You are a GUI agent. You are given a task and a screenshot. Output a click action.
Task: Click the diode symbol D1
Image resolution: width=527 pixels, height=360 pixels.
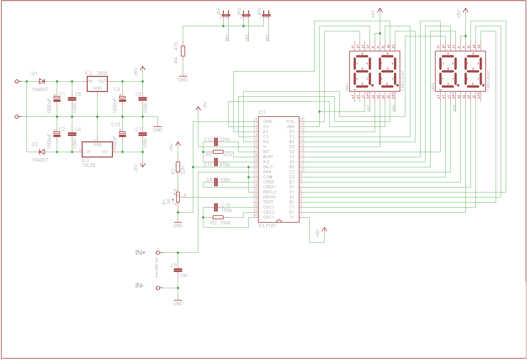[42, 81]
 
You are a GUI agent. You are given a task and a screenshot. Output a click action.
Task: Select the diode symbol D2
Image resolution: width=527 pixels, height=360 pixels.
[42, 152]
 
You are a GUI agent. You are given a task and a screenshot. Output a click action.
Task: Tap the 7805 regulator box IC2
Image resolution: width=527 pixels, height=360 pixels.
[97, 84]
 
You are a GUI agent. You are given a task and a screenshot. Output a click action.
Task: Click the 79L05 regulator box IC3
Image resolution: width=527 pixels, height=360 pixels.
[97, 148]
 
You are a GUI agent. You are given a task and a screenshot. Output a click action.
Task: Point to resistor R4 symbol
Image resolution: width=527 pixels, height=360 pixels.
[183, 51]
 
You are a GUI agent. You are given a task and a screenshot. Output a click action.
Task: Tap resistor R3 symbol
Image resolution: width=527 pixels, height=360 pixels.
[218, 152]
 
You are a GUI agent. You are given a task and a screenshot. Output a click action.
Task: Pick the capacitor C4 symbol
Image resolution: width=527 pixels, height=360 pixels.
[216, 182]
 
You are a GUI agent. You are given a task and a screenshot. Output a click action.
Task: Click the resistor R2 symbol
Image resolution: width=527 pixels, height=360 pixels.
[218, 217]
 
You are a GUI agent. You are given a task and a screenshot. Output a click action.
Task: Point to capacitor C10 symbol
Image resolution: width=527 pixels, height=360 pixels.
[216, 207]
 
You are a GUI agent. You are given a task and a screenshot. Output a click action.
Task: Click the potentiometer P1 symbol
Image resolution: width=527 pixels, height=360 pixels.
[178, 197]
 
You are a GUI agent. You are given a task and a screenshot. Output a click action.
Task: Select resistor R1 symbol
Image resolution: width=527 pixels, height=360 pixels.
[178, 167]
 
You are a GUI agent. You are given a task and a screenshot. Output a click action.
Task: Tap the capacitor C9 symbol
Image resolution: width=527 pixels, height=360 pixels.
[178, 270]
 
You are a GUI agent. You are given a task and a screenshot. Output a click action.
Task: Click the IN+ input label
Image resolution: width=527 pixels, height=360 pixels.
[140, 253]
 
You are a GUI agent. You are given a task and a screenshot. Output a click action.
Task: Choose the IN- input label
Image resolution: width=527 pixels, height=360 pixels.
[140, 285]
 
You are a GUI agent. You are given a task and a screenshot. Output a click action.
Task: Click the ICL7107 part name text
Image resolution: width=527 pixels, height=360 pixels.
[267, 226]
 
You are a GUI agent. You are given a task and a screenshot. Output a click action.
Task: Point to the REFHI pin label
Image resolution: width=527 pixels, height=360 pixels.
[269, 197]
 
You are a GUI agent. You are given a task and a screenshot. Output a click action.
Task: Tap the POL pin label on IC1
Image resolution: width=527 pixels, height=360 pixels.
[290, 122]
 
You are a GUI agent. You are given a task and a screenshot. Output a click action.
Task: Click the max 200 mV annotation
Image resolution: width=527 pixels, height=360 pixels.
[157, 268]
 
